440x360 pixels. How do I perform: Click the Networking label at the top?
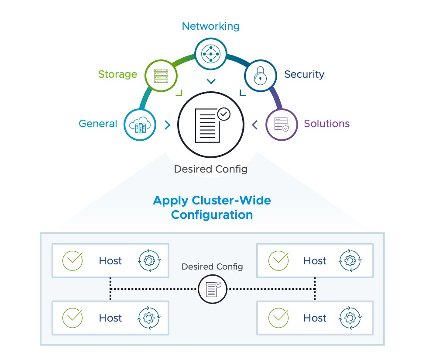pos(210,26)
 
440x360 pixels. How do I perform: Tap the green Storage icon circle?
pos(160,75)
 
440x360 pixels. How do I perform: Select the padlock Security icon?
pos(260,75)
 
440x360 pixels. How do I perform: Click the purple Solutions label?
pos(327,124)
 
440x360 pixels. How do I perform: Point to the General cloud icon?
pos(140,125)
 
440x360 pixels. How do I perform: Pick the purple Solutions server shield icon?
pos(281,125)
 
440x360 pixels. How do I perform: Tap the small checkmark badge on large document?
pos(223,114)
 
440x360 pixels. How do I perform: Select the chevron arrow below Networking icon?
pos(211,81)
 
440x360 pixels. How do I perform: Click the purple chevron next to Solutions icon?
pos(255,125)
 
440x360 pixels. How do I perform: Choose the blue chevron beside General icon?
pos(167,125)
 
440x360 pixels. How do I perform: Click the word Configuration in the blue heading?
pos(212,215)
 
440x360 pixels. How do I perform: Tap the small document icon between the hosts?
pos(213,289)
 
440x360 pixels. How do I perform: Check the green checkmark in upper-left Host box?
pos(72,261)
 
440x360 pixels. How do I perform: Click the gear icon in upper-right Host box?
pos(350,261)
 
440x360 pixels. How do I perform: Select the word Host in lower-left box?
pos(110,318)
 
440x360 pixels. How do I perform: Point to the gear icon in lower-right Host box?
pos(350,318)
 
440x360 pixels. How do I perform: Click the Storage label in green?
pos(117,74)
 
